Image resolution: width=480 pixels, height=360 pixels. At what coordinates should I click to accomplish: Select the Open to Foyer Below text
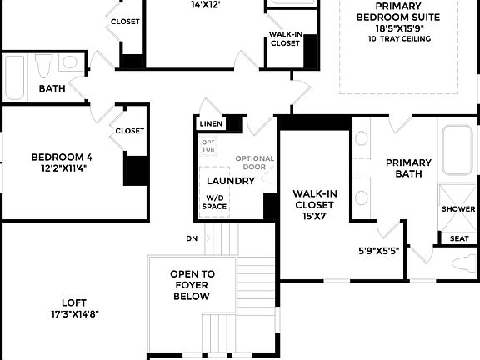(x=192, y=284)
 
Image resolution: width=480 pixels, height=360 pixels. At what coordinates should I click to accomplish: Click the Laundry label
(x=230, y=181)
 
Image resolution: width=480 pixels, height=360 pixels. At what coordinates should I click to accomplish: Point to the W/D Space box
(x=216, y=202)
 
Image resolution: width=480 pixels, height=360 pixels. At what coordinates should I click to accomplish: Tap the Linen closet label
(x=211, y=124)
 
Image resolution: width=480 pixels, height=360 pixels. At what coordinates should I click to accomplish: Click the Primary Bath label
(x=408, y=168)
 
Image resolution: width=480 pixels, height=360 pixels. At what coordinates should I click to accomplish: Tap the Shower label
(x=458, y=209)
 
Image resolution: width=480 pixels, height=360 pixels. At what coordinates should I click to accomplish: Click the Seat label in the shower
(x=459, y=238)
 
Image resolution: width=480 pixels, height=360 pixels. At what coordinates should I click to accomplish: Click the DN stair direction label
(x=192, y=238)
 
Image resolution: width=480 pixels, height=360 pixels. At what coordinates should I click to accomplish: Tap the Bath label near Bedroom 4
(x=52, y=88)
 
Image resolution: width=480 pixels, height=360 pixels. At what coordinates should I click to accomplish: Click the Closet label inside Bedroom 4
(x=130, y=131)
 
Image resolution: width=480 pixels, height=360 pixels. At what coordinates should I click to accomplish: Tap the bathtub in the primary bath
(x=457, y=149)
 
